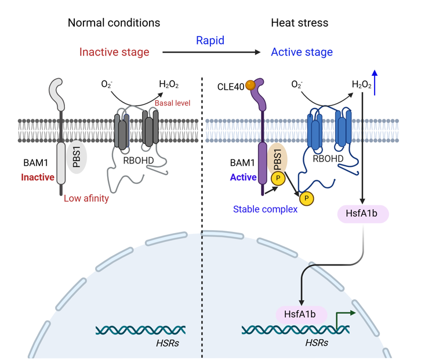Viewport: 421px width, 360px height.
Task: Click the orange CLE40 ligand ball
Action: (x=251, y=85)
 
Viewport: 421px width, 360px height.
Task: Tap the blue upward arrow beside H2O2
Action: (x=375, y=83)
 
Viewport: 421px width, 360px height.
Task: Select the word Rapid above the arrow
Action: (x=210, y=41)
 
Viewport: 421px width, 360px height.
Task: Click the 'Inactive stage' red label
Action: (x=114, y=52)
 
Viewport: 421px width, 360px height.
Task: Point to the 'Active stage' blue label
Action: (x=302, y=52)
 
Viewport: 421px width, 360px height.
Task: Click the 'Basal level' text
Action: (x=172, y=103)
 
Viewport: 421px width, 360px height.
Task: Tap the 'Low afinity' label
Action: (x=86, y=198)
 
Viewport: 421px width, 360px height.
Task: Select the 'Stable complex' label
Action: (x=265, y=209)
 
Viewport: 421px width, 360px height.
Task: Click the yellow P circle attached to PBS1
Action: (x=278, y=178)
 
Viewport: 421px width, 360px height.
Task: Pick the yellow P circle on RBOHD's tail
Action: (x=306, y=198)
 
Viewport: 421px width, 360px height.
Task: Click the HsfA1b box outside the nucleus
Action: (x=363, y=214)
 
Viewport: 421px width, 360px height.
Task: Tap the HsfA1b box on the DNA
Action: (x=301, y=314)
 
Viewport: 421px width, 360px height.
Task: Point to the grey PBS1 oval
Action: (x=77, y=157)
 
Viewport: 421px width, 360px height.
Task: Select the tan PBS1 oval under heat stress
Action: (x=278, y=158)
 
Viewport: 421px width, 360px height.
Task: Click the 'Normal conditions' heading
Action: (x=114, y=23)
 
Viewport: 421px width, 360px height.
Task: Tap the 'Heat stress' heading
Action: (x=299, y=23)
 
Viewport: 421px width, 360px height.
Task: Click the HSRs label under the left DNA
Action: (x=168, y=343)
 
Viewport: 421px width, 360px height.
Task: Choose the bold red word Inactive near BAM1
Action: (x=38, y=177)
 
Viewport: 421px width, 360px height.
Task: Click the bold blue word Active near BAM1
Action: (x=243, y=177)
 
